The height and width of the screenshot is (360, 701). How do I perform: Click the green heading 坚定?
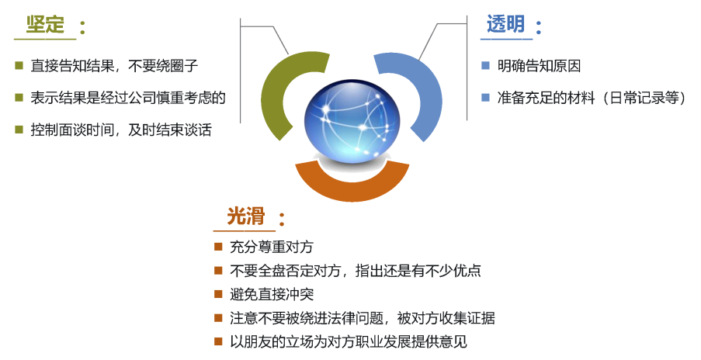[45, 25]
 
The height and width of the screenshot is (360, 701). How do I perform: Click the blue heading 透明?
[505, 25]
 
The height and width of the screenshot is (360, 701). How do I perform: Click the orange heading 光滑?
[245, 216]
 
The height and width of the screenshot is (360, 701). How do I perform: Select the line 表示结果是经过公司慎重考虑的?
[128, 98]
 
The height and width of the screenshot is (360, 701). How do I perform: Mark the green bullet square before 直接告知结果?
[19, 66]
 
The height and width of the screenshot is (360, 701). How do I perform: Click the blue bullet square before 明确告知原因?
[485, 66]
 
